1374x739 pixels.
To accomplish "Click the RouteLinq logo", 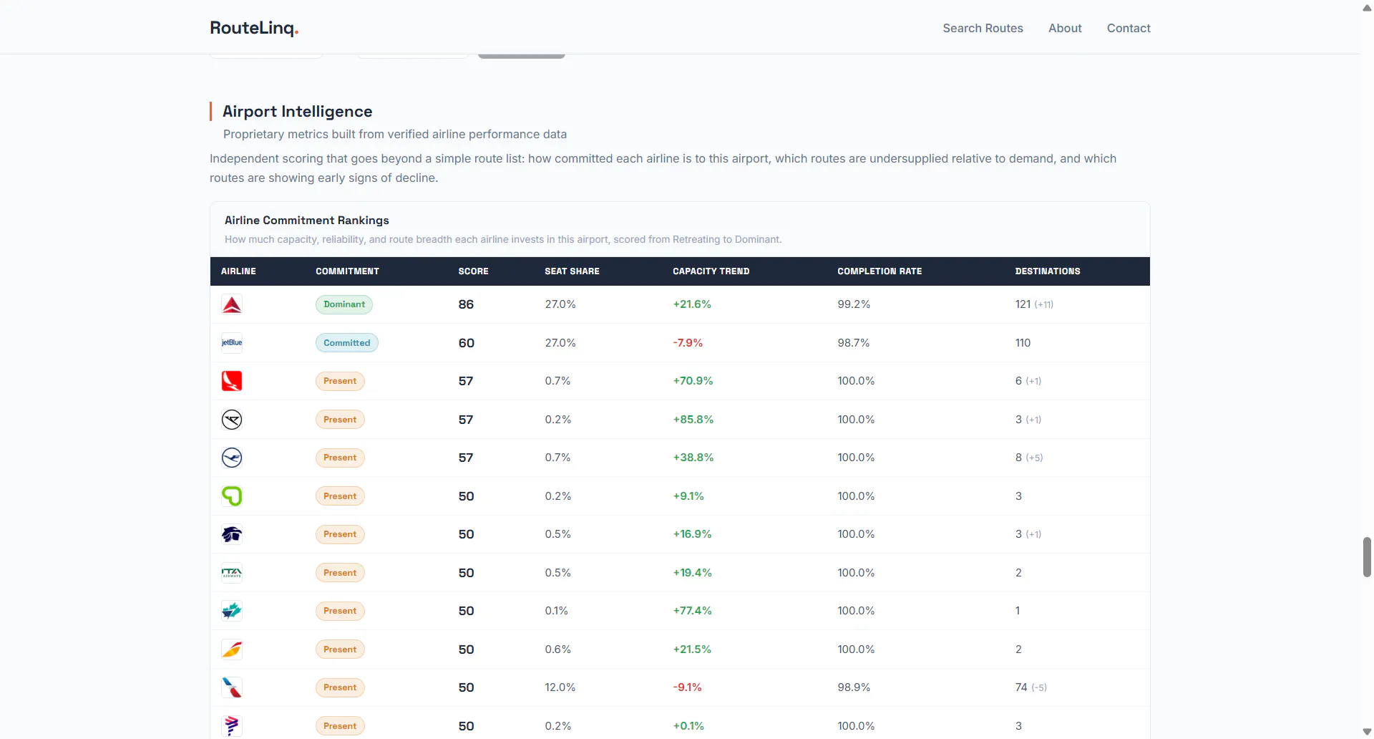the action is [x=254, y=28].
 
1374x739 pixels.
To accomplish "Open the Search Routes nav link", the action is [x=983, y=28].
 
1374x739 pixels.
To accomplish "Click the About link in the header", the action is [x=1065, y=28].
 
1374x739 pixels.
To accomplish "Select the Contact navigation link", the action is [x=1129, y=28].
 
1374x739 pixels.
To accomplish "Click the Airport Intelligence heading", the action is [x=297, y=111].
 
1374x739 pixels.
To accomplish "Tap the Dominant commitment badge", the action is [x=344, y=304].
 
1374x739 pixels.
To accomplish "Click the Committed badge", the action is [x=347, y=343].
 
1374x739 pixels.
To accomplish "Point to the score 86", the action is [x=466, y=304].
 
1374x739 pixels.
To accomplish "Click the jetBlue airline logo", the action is [x=232, y=343].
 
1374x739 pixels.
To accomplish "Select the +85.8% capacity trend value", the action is [x=693, y=420].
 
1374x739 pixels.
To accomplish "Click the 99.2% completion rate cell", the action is [x=854, y=304].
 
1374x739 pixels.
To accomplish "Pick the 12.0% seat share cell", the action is [x=560, y=687].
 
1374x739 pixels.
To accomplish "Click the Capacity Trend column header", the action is [x=711, y=271].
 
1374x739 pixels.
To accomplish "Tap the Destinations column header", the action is [x=1048, y=271].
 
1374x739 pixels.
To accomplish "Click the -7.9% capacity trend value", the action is [x=688, y=343].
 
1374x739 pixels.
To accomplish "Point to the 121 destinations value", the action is [x=1023, y=304].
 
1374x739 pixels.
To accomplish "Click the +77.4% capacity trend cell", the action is [x=692, y=611].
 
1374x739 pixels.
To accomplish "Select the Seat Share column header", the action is [x=572, y=271].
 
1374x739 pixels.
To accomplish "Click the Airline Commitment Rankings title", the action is [x=307, y=221].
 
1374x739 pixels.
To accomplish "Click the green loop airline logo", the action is [x=232, y=496].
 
